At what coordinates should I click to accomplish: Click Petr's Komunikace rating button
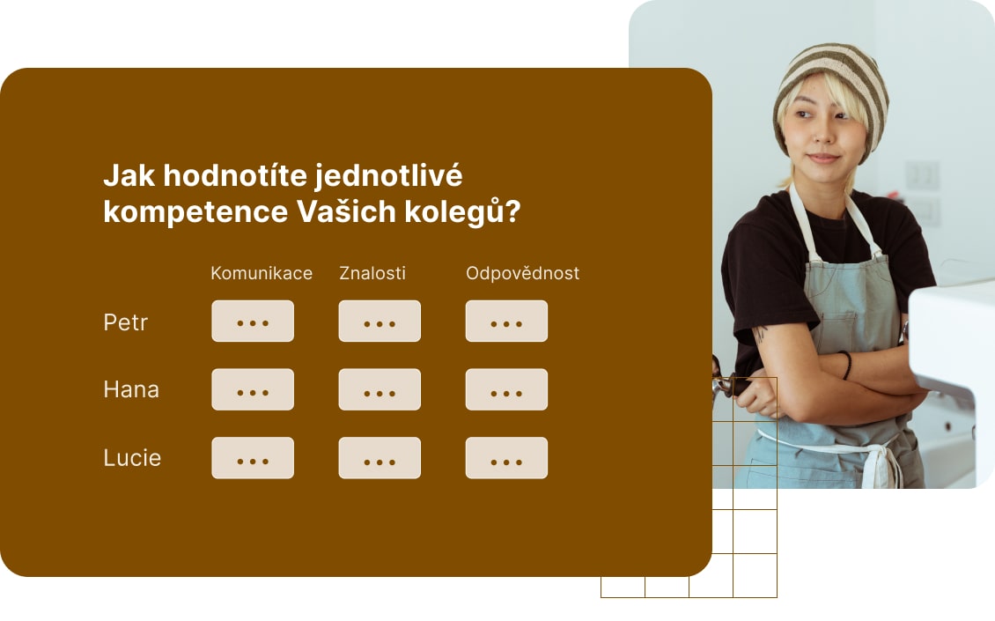[x=253, y=321]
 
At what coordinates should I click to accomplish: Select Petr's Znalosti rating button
[x=380, y=321]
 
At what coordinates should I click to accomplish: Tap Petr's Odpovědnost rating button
[x=506, y=321]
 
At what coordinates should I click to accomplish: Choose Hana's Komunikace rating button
[x=253, y=389]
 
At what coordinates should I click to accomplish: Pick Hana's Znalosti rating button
[x=380, y=389]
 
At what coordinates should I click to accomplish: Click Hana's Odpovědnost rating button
[x=506, y=389]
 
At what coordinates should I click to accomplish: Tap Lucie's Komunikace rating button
[x=253, y=458]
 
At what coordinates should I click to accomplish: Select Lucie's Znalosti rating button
[x=380, y=458]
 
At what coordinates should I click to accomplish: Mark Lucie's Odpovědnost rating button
[x=506, y=458]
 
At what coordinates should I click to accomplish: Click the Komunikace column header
[x=262, y=273]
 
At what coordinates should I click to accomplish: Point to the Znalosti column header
[x=372, y=273]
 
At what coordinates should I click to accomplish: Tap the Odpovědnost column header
[x=522, y=273]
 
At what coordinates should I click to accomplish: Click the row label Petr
[x=125, y=322]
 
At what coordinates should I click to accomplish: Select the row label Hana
[x=131, y=389]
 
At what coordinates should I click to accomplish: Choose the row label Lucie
[x=132, y=458]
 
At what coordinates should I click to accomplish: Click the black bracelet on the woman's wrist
[x=847, y=364]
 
